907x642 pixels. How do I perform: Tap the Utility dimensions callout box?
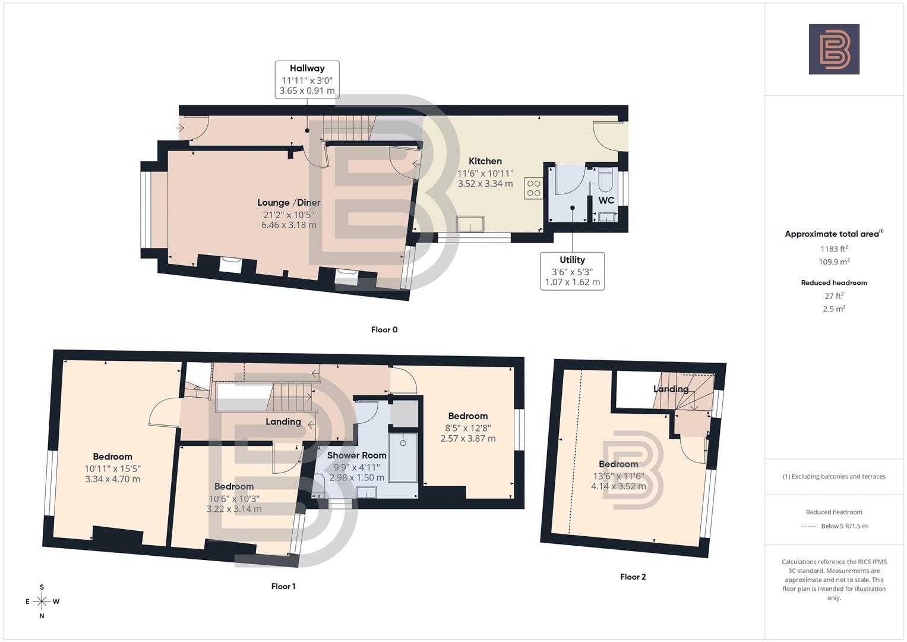[572, 271]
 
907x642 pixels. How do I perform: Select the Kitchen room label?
[485, 161]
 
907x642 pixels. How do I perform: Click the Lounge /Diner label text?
[289, 203]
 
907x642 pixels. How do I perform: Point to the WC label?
[606, 200]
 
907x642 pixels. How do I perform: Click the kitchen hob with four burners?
[533, 188]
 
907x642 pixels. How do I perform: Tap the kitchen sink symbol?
[470, 225]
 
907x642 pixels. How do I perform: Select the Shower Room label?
[356, 455]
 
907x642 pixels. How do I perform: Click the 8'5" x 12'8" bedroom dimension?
[468, 433]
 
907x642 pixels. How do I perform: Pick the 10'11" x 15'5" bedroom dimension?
[112, 474]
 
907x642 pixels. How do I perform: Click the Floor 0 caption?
[384, 330]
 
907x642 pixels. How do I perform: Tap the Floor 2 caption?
[633, 577]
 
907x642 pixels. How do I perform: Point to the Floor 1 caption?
[283, 586]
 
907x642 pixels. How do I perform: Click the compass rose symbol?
[42, 602]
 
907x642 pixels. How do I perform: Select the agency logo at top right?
[834, 49]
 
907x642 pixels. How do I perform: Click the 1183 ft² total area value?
[834, 249]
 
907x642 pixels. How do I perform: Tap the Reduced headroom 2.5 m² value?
[834, 309]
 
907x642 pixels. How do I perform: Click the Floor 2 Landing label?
[671, 389]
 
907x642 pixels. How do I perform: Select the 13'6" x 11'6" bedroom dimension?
[618, 481]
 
